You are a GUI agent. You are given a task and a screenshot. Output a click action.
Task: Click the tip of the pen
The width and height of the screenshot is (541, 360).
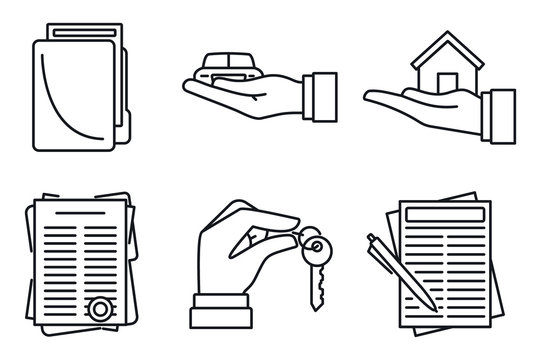coord(431,304)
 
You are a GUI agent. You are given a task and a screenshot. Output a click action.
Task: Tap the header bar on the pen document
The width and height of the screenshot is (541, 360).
coord(447,214)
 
